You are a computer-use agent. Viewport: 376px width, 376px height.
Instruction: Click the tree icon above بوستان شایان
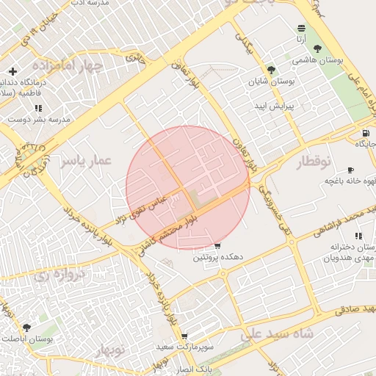tap(272, 70)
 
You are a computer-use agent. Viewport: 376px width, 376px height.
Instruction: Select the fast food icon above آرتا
tap(302, 27)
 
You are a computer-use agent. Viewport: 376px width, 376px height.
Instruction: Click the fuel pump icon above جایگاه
tap(365, 133)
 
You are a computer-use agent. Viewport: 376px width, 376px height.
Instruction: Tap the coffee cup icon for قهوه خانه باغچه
tap(350, 170)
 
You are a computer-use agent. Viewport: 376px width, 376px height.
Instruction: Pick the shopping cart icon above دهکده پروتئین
tap(217, 246)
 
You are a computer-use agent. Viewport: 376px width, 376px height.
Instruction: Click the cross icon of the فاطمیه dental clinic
tap(12, 71)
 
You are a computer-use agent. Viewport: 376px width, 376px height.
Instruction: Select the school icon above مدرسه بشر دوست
tap(38, 108)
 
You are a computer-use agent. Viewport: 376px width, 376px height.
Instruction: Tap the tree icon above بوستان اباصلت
tap(27, 328)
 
